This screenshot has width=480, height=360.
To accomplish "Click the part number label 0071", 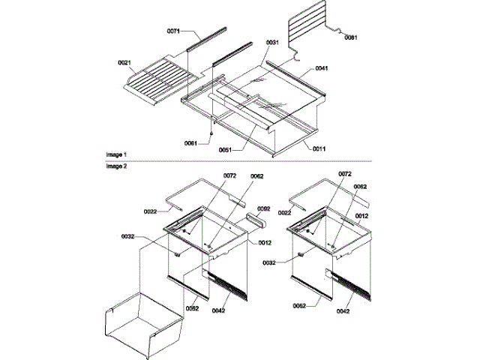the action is pyautogui.click(x=174, y=31).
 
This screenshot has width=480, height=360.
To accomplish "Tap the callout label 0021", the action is pyautogui.click(x=125, y=62).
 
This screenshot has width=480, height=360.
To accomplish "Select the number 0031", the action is pyautogui.click(x=272, y=43).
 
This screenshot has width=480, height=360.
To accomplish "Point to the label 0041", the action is pyautogui.click(x=321, y=67).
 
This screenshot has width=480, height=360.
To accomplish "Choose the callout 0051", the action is pyautogui.click(x=224, y=149).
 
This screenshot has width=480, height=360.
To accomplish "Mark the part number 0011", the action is pyautogui.click(x=319, y=149).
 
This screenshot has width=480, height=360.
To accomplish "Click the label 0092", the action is pyautogui.click(x=263, y=209).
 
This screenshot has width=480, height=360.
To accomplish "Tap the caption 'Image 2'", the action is pyautogui.click(x=115, y=166).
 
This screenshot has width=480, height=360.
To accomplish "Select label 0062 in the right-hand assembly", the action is pyautogui.click(x=360, y=186).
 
